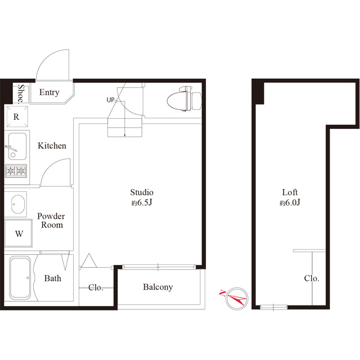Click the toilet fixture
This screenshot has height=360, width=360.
pyautogui.click(x=184, y=99)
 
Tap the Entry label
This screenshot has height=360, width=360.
pyautogui.click(x=49, y=92)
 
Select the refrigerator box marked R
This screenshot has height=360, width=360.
pyautogui.click(x=17, y=116)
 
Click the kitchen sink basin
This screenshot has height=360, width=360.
pyautogui.click(x=17, y=146)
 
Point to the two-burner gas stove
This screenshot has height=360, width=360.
pyautogui.click(x=16, y=171)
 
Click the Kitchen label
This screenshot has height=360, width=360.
pyautogui.click(x=52, y=146)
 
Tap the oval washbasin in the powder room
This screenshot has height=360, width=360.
pyautogui.click(x=18, y=204)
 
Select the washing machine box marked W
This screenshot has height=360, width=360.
pyautogui.click(x=19, y=233)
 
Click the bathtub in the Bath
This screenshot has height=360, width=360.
pyautogui.click(x=20, y=278)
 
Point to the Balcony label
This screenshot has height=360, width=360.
pyautogui.click(x=157, y=287)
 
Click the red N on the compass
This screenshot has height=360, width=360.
pyautogui.click(x=223, y=293)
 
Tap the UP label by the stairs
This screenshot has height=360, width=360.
pyautogui.click(x=110, y=100)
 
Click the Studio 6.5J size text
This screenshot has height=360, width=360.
pyautogui.click(x=142, y=203)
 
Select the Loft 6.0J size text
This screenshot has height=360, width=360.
pyautogui.click(x=290, y=203)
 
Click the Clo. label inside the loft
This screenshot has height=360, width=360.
pyautogui.click(x=312, y=278)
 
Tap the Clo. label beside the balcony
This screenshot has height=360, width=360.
pyautogui.click(x=96, y=287)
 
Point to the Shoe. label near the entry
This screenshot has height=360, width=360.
pyautogui.click(x=21, y=94)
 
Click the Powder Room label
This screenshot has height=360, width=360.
pyautogui.click(x=51, y=220)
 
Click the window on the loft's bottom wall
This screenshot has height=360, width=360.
pyautogui.click(x=273, y=307)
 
